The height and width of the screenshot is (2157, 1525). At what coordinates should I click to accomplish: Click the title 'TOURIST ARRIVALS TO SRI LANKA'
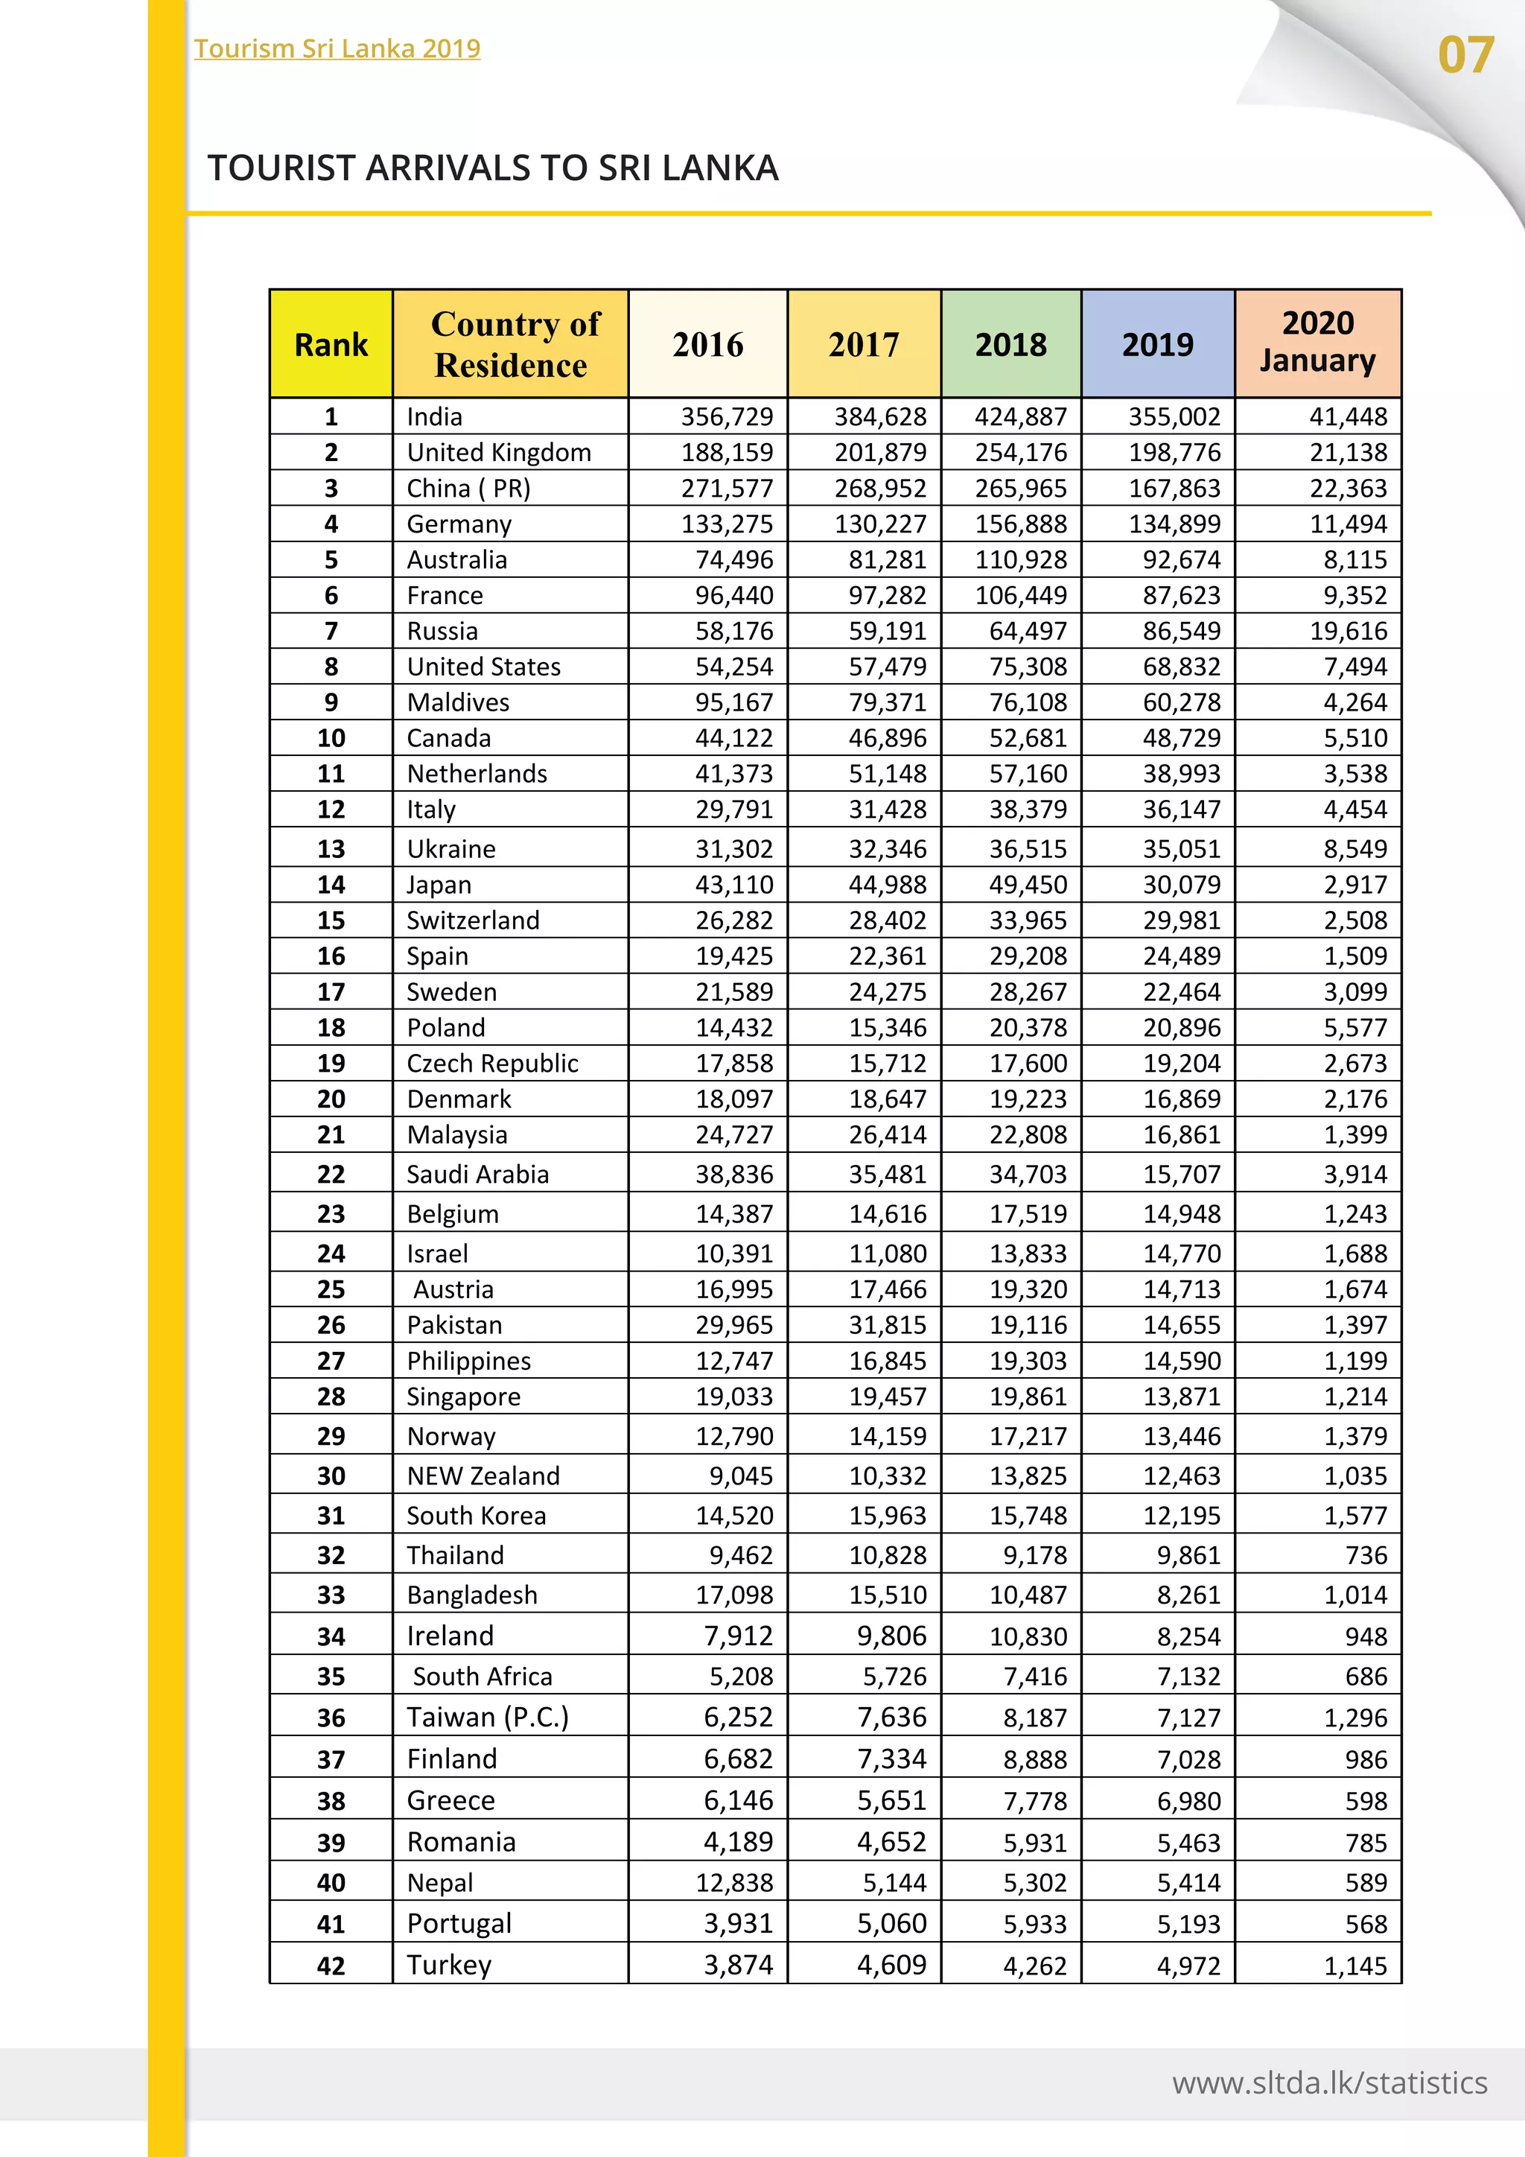(493, 168)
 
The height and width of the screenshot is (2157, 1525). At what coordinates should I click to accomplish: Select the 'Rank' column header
(331, 345)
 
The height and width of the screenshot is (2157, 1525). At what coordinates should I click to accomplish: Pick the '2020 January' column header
(1317, 342)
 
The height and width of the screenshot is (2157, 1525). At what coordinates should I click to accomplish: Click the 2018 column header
(1010, 345)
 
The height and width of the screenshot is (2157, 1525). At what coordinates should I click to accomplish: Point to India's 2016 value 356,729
(727, 416)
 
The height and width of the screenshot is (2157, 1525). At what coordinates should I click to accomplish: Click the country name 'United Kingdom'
(499, 452)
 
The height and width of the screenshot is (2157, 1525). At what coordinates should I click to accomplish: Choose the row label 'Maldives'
(458, 702)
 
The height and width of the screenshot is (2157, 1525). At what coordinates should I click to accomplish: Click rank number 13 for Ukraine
(331, 848)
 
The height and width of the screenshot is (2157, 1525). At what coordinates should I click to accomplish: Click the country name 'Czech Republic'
(492, 1063)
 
